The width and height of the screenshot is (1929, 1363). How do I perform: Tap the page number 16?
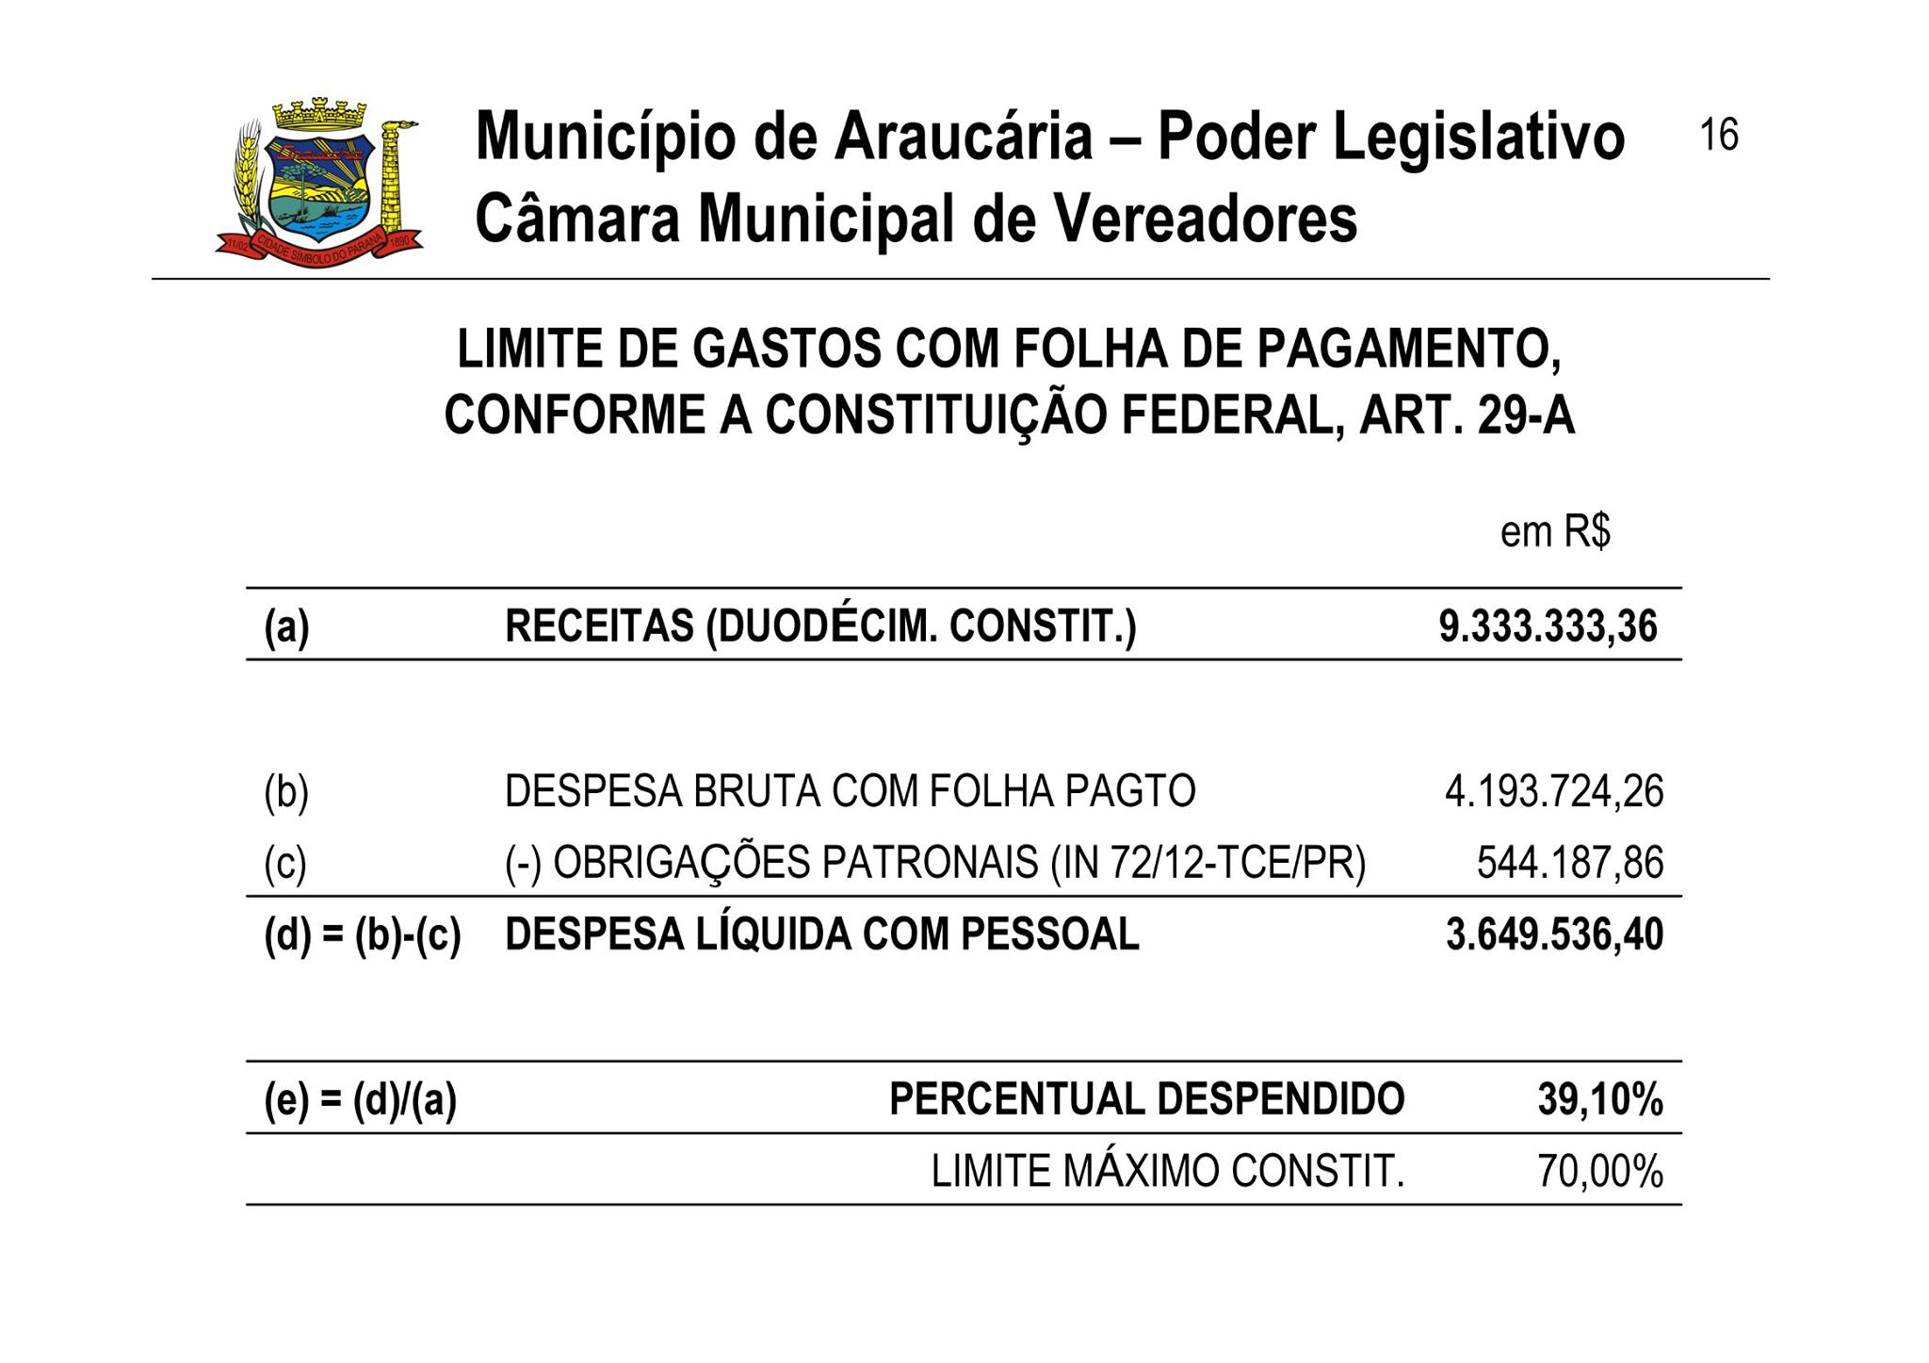[1718, 135]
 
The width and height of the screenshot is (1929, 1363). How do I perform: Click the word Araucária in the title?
[961, 137]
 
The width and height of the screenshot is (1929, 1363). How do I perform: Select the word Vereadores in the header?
[1205, 219]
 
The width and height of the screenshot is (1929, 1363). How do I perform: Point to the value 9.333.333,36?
[1548, 626]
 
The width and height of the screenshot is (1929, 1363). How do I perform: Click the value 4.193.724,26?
[1554, 791]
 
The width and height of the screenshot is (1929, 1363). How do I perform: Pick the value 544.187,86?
[1569, 863]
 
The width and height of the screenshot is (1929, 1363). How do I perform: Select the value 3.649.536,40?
[1554, 934]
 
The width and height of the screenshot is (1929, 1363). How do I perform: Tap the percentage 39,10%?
[1599, 1099]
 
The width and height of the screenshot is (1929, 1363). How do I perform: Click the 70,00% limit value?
[1599, 1172]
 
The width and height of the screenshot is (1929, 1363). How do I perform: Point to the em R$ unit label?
[1555, 532]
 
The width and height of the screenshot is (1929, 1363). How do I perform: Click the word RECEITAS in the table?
[599, 626]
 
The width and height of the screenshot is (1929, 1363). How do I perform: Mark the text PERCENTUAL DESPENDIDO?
[1146, 1099]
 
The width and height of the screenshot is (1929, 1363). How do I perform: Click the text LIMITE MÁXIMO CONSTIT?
[1167, 1172]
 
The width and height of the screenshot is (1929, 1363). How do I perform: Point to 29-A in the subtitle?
[1526, 415]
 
